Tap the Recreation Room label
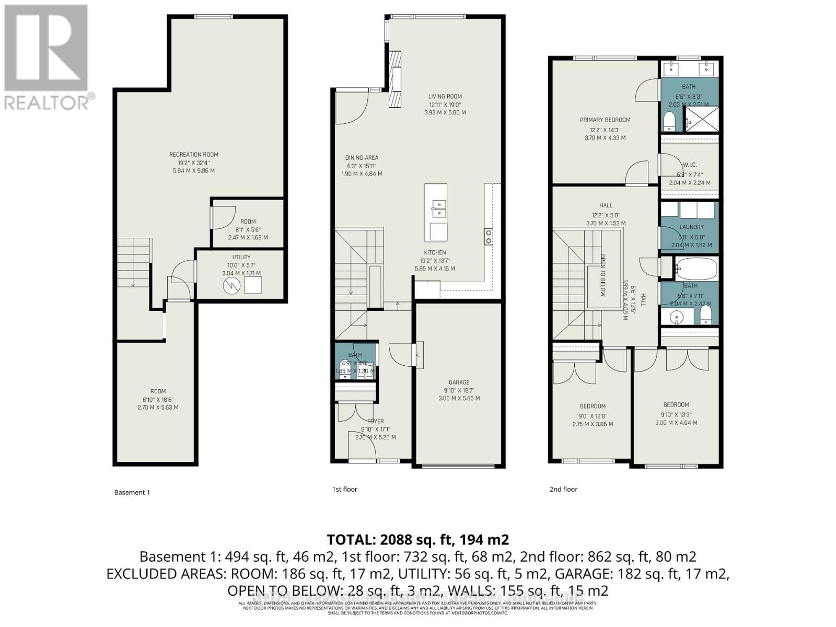click(193, 155)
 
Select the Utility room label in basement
click(241, 257)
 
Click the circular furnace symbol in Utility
click(230, 285)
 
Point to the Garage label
click(459, 382)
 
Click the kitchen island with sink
click(435, 213)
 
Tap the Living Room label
click(445, 96)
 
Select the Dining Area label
click(362, 158)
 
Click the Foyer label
click(375, 421)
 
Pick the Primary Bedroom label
click(605, 120)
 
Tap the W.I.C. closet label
click(690, 165)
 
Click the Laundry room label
click(691, 227)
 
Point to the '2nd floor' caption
click(563, 490)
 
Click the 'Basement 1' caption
click(132, 492)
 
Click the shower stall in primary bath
click(701, 119)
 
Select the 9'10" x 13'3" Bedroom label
click(676, 405)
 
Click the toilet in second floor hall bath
click(705, 315)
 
